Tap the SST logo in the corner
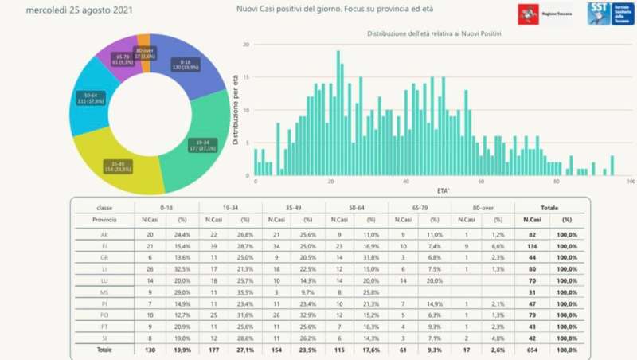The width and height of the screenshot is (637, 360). click(x=611, y=14)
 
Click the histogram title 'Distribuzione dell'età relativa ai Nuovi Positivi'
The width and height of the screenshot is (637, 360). click(x=440, y=34)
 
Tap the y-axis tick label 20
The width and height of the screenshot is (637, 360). click(x=246, y=45)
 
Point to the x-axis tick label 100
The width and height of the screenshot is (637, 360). click(x=631, y=182)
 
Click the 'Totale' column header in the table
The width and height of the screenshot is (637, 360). click(x=548, y=206)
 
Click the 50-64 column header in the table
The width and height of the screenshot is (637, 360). click(x=356, y=206)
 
